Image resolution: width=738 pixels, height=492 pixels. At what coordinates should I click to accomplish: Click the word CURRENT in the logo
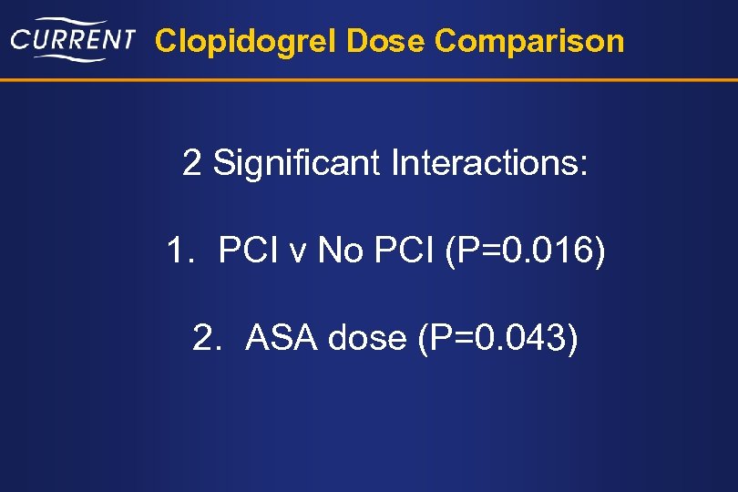73,40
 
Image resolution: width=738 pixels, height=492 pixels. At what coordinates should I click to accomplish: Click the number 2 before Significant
191,164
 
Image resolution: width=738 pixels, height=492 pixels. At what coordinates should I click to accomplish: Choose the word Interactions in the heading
490,164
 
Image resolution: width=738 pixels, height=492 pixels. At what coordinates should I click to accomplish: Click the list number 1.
177,251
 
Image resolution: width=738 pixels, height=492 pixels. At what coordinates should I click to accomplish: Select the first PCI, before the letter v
251,251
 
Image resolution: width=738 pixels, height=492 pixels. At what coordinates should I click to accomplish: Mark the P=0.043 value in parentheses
497,338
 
